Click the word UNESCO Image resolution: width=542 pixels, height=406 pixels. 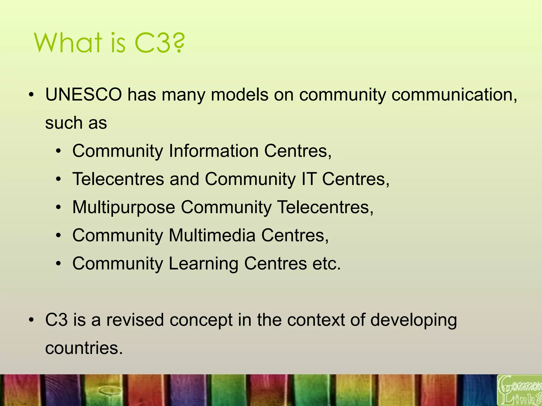pos(84,95)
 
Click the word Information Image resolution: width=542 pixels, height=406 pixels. pos(214,151)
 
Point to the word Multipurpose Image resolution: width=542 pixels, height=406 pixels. pos(124,207)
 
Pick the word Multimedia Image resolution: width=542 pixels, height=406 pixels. pos(212,235)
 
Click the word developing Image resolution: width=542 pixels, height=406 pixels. pos(413,320)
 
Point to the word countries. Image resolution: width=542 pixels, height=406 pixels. pos(84,348)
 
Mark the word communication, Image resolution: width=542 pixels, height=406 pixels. pos(454,95)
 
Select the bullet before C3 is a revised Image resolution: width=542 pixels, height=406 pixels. pos(31,320)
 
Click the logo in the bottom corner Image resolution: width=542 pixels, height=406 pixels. pos(519,390)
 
